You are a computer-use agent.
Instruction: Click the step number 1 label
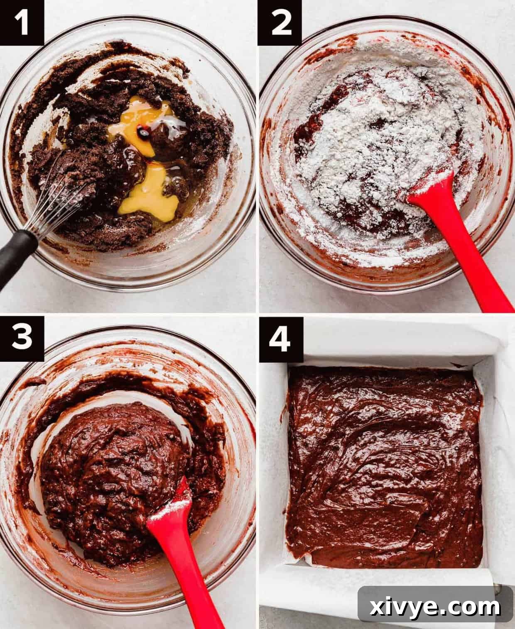tap(22, 22)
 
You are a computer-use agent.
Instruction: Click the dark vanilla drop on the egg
tap(143, 133)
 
